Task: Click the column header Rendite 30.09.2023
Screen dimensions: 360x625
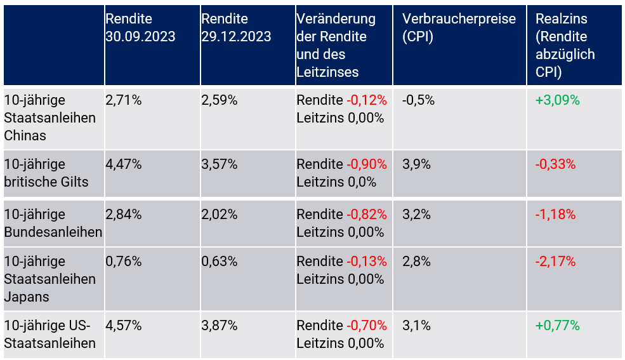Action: coord(140,28)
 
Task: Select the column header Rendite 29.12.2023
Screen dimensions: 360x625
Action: coord(236,28)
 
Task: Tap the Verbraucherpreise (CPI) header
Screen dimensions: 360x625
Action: coord(459,28)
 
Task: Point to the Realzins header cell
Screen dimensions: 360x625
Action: coord(565,45)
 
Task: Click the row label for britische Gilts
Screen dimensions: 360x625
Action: coord(46,173)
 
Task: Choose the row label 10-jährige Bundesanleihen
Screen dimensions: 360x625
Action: coord(53,223)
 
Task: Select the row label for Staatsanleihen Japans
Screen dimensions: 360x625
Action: coord(49,279)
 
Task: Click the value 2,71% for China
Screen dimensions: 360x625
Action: coord(123,100)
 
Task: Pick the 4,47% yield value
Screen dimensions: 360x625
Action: coord(124,164)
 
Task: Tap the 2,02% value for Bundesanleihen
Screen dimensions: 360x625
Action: coord(219,215)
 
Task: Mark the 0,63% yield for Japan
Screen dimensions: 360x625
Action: coord(219,262)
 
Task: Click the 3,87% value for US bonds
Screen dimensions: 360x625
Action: coord(219,326)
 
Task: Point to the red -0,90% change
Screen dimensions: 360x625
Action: coord(366,164)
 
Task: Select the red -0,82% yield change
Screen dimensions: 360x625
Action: coord(366,215)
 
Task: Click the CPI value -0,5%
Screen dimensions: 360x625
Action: coord(418,100)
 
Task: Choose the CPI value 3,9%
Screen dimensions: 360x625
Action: coord(416,164)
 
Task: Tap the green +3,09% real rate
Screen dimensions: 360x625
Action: coord(557,100)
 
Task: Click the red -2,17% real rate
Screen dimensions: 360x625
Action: coord(555,262)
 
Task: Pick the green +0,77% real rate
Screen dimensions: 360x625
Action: coord(557,326)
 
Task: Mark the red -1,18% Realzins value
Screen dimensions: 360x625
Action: coord(555,215)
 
